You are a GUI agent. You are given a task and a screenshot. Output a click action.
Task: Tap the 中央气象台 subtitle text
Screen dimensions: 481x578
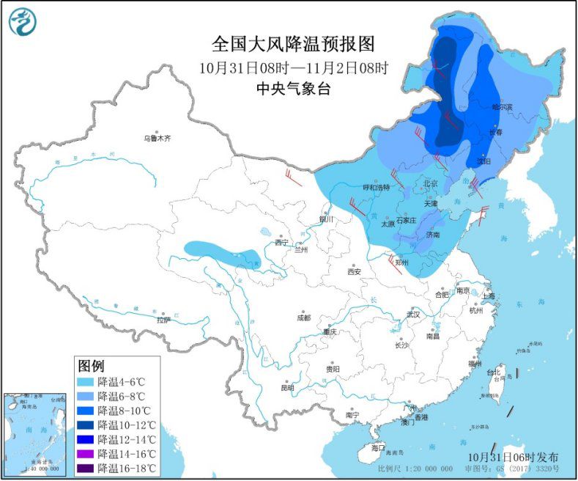click(x=293, y=89)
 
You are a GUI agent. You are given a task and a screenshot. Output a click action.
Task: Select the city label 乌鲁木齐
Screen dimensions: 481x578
click(x=156, y=138)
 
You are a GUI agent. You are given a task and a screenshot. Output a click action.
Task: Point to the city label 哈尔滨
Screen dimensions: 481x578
click(x=503, y=107)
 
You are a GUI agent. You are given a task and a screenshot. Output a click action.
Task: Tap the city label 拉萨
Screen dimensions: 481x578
click(x=163, y=320)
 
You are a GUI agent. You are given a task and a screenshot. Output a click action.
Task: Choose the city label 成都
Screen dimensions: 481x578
click(x=304, y=317)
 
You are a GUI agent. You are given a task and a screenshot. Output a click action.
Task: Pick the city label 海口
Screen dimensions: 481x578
click(x=377, y=447)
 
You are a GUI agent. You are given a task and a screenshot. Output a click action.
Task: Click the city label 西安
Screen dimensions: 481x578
click(x=354, y=271)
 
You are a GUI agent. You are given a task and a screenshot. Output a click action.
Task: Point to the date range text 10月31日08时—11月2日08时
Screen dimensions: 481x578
click(x=293, y=67)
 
